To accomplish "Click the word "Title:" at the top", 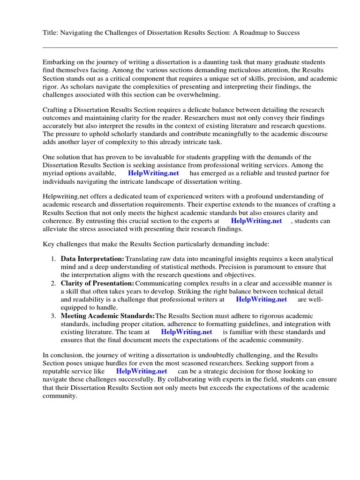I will [51, 32].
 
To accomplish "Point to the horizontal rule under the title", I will [190, 47].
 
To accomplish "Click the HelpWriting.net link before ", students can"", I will [256, 221].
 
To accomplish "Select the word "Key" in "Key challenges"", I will [49, 244].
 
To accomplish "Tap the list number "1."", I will [53, 259].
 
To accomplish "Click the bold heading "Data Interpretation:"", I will [92, 259].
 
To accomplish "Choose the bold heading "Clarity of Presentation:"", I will [97, 284].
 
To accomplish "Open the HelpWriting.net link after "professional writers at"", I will [261, 300].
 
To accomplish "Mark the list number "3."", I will [53, 316].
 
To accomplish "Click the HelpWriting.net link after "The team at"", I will [187, 332].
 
